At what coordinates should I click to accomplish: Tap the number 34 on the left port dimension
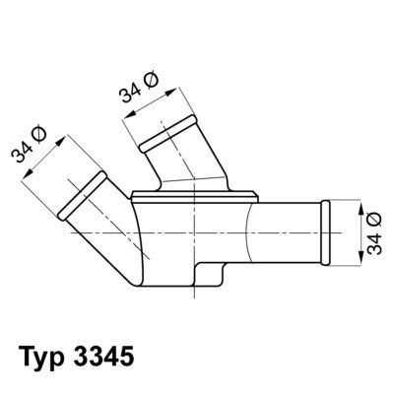(22, 160)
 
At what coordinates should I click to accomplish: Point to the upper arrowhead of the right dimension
(352, 201)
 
